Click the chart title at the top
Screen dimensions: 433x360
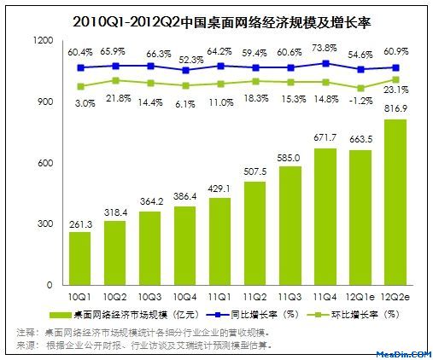[222, 22]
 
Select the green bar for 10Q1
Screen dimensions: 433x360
[80, 258]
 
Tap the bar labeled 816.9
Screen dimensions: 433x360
[395, 202]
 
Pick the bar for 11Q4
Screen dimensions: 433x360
[325, 217]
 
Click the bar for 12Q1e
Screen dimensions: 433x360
[360, 218]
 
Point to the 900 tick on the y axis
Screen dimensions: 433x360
[45, 102]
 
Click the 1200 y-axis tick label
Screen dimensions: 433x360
[44, 41]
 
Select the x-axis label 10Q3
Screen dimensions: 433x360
[150, 297]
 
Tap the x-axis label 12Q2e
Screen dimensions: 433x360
[395, 297]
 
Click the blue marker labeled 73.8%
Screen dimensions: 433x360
[325, 63]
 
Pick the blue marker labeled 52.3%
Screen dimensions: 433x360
[185, 70]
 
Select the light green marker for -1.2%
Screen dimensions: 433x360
[360, 89]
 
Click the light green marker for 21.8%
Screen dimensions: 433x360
[115, 81]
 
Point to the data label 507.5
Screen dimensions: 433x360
[255, 171]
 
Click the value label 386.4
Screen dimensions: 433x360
[185, 196]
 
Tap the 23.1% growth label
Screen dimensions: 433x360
[396, 90]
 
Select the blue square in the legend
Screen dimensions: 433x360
[218, 315]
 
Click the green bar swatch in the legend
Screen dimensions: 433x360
[60, 315]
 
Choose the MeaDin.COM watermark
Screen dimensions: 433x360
[404, 354]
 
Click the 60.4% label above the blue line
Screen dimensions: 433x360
[80, 52]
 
